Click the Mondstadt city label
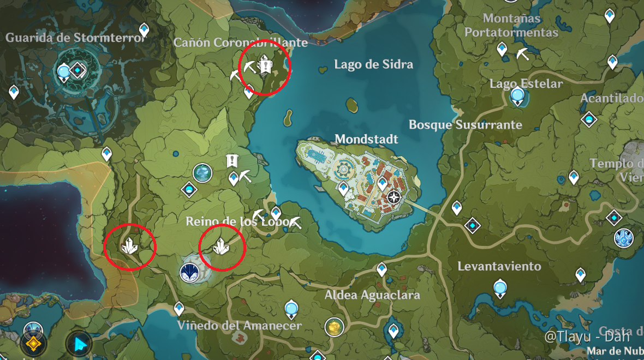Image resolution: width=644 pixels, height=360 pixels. click(x=366, y=139)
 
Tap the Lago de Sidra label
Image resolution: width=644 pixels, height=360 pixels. click(x=373, y=64)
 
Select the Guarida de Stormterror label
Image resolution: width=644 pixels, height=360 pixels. click(x=76, y=38)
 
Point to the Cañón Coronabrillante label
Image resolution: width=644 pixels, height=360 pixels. click(x=241, y=42)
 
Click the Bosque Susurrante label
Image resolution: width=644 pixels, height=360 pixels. click(x=465, y=124)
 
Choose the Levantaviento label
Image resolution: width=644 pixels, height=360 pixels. click(x=499, y=266)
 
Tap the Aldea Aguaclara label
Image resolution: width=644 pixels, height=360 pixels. click(x=372, y=295)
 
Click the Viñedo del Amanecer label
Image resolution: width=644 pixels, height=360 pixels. click(x=239, y=325)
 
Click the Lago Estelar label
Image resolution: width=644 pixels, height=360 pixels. click(x=526, y=83)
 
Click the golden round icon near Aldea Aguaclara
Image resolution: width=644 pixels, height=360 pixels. click(x=334, y=327)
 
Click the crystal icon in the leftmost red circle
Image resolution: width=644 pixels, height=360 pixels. click(x=129, y=247)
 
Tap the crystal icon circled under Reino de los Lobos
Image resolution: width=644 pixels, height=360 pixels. click(x=220, y=247)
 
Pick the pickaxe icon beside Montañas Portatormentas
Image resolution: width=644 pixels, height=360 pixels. click(x=523, y=54)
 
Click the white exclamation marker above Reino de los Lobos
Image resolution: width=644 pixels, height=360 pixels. click(x=232, y=160)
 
